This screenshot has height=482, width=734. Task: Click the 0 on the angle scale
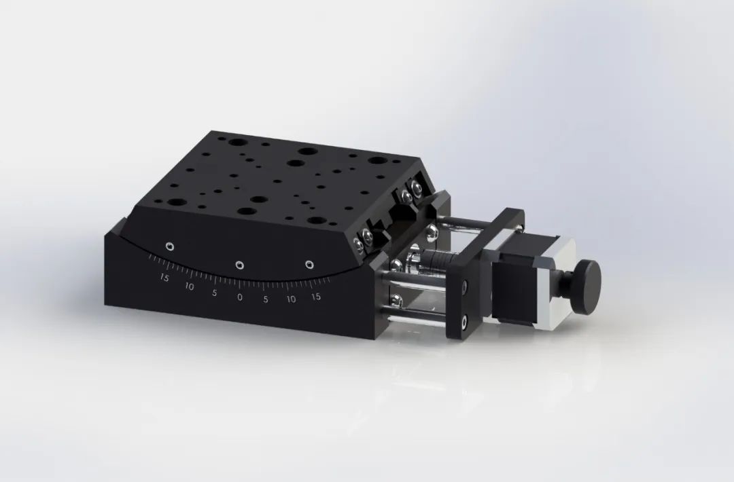coord(239,297)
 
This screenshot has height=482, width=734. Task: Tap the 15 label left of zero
coord(164,277)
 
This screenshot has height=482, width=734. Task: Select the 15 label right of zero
coord(315,297)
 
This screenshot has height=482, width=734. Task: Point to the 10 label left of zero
coord(189,286)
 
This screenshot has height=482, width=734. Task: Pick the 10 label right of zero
coord(291,299)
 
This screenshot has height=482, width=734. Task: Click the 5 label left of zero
coord(214,293)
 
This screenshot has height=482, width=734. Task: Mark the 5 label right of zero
coord(266,299)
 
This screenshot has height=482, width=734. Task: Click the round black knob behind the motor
coord(587,286)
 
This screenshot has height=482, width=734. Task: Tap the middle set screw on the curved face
coord(239,265)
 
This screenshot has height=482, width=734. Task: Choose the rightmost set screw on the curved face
coord(309,263)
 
